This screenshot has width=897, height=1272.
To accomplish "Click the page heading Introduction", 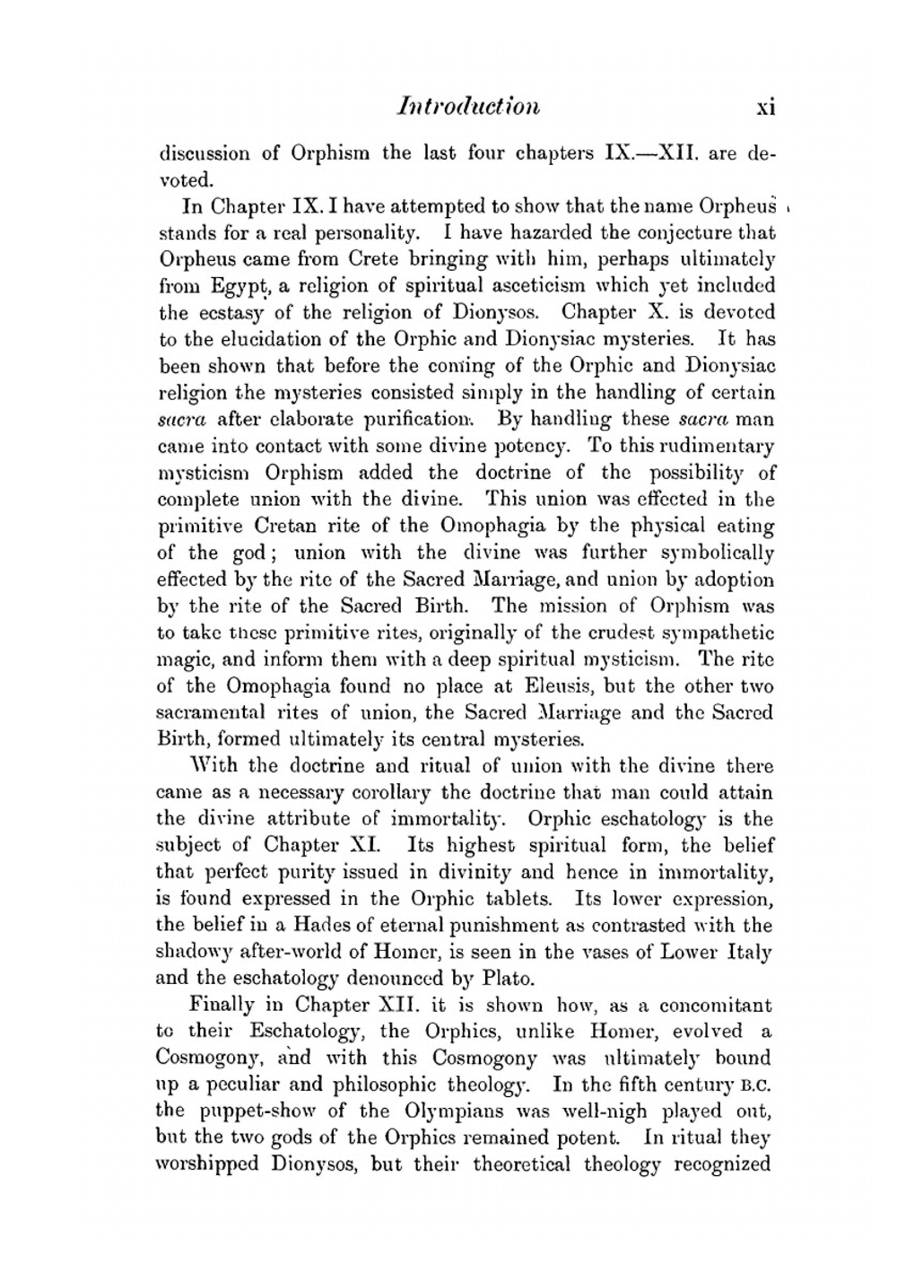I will point(468,107).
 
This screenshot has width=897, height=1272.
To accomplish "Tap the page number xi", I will point(764,108).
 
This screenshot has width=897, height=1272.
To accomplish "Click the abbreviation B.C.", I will point(758,1085).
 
